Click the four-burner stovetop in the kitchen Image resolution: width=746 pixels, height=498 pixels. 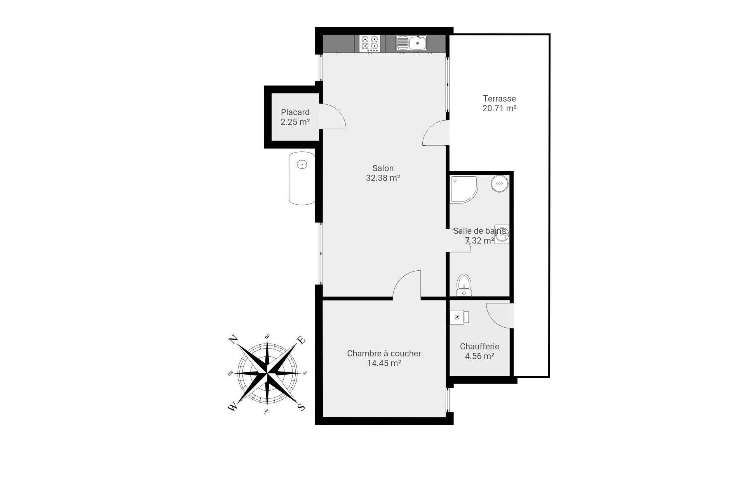[369, 43]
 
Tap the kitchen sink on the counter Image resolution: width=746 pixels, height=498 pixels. [411, 43]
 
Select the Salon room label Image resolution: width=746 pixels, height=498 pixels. [383, 168]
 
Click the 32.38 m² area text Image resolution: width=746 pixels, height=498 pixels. [383, 178]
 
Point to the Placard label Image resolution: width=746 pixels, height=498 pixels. [295, 112]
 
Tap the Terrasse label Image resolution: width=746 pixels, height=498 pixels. [500, 99]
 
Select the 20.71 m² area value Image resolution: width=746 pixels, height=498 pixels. [500, 109]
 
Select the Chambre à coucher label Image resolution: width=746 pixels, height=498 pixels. [384, 354]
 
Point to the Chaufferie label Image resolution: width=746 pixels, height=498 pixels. [479, 347]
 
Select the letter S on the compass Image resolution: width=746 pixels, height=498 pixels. [301, 407]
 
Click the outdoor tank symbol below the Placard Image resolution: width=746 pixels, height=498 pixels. [302, 178]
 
